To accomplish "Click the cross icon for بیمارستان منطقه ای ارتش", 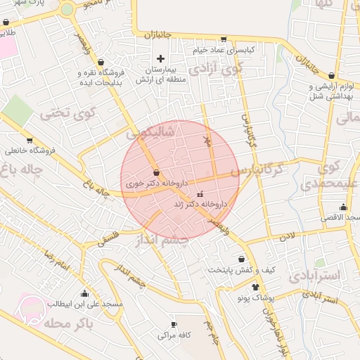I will coord(160,58).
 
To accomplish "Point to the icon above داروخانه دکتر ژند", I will coord(200,193).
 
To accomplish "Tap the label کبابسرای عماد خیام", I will coord(224,51).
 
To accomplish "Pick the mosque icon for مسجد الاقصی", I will coord(343,207).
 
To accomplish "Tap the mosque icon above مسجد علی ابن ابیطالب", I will coord(85,294).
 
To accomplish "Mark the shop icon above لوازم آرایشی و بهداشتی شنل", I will coord(331,75).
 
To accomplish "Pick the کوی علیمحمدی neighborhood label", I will coord(328,177).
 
